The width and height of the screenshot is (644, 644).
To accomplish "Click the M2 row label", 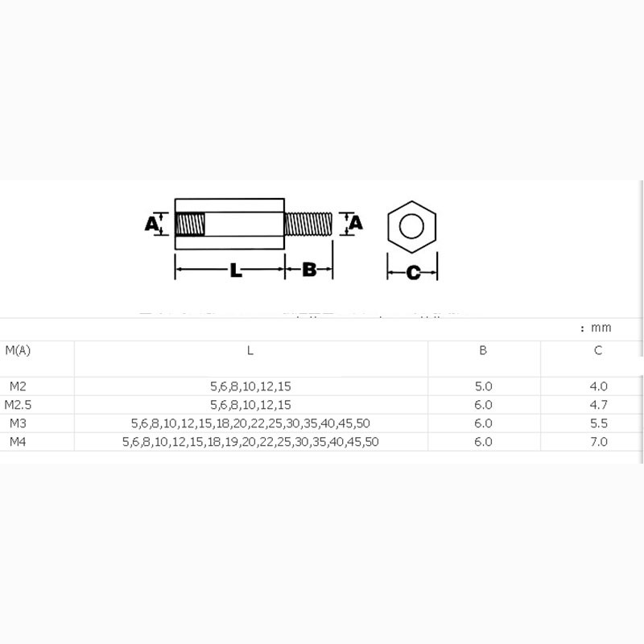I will click(18, 386).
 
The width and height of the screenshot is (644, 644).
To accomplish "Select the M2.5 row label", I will click(18, 405).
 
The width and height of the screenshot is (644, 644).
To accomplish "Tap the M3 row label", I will click(18, 423).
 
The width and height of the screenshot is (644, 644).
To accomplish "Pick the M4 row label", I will click(18, 442).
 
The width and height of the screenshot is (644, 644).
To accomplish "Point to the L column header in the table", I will click(250, 350).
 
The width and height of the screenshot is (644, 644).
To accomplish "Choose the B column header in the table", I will click(483, 350).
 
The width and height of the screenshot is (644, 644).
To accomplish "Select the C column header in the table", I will click(598, 350).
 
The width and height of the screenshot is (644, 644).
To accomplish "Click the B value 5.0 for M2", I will click(483, 386).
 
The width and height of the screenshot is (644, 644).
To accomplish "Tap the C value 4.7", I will click(598, 405).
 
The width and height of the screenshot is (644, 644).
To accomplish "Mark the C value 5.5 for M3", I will click(598, 423).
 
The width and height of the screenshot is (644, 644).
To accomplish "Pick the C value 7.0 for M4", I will click(598, 442).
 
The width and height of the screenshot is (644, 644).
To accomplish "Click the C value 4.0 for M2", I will click(598, 386).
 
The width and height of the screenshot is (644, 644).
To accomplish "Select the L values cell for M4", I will click(250, 442).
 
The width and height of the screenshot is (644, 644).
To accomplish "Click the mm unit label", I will click(601, 328).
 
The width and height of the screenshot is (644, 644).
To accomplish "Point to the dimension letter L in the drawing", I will click(236, 271).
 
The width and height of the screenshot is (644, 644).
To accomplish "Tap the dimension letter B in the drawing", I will click(309, 270).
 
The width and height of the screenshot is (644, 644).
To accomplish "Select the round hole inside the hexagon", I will click(411, 225).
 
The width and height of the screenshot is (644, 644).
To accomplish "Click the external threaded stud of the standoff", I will click(309, 223).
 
